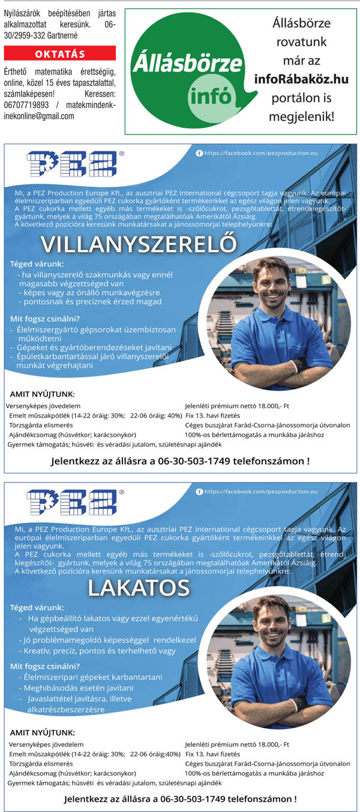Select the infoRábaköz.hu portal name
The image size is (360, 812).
pos(301,79)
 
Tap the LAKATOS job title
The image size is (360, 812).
pos(139,588)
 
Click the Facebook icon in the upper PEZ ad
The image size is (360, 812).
pos(200,154)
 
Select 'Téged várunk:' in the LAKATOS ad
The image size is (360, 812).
pos(37,607)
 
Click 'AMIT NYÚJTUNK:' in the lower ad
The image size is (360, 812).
pos(43,732)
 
